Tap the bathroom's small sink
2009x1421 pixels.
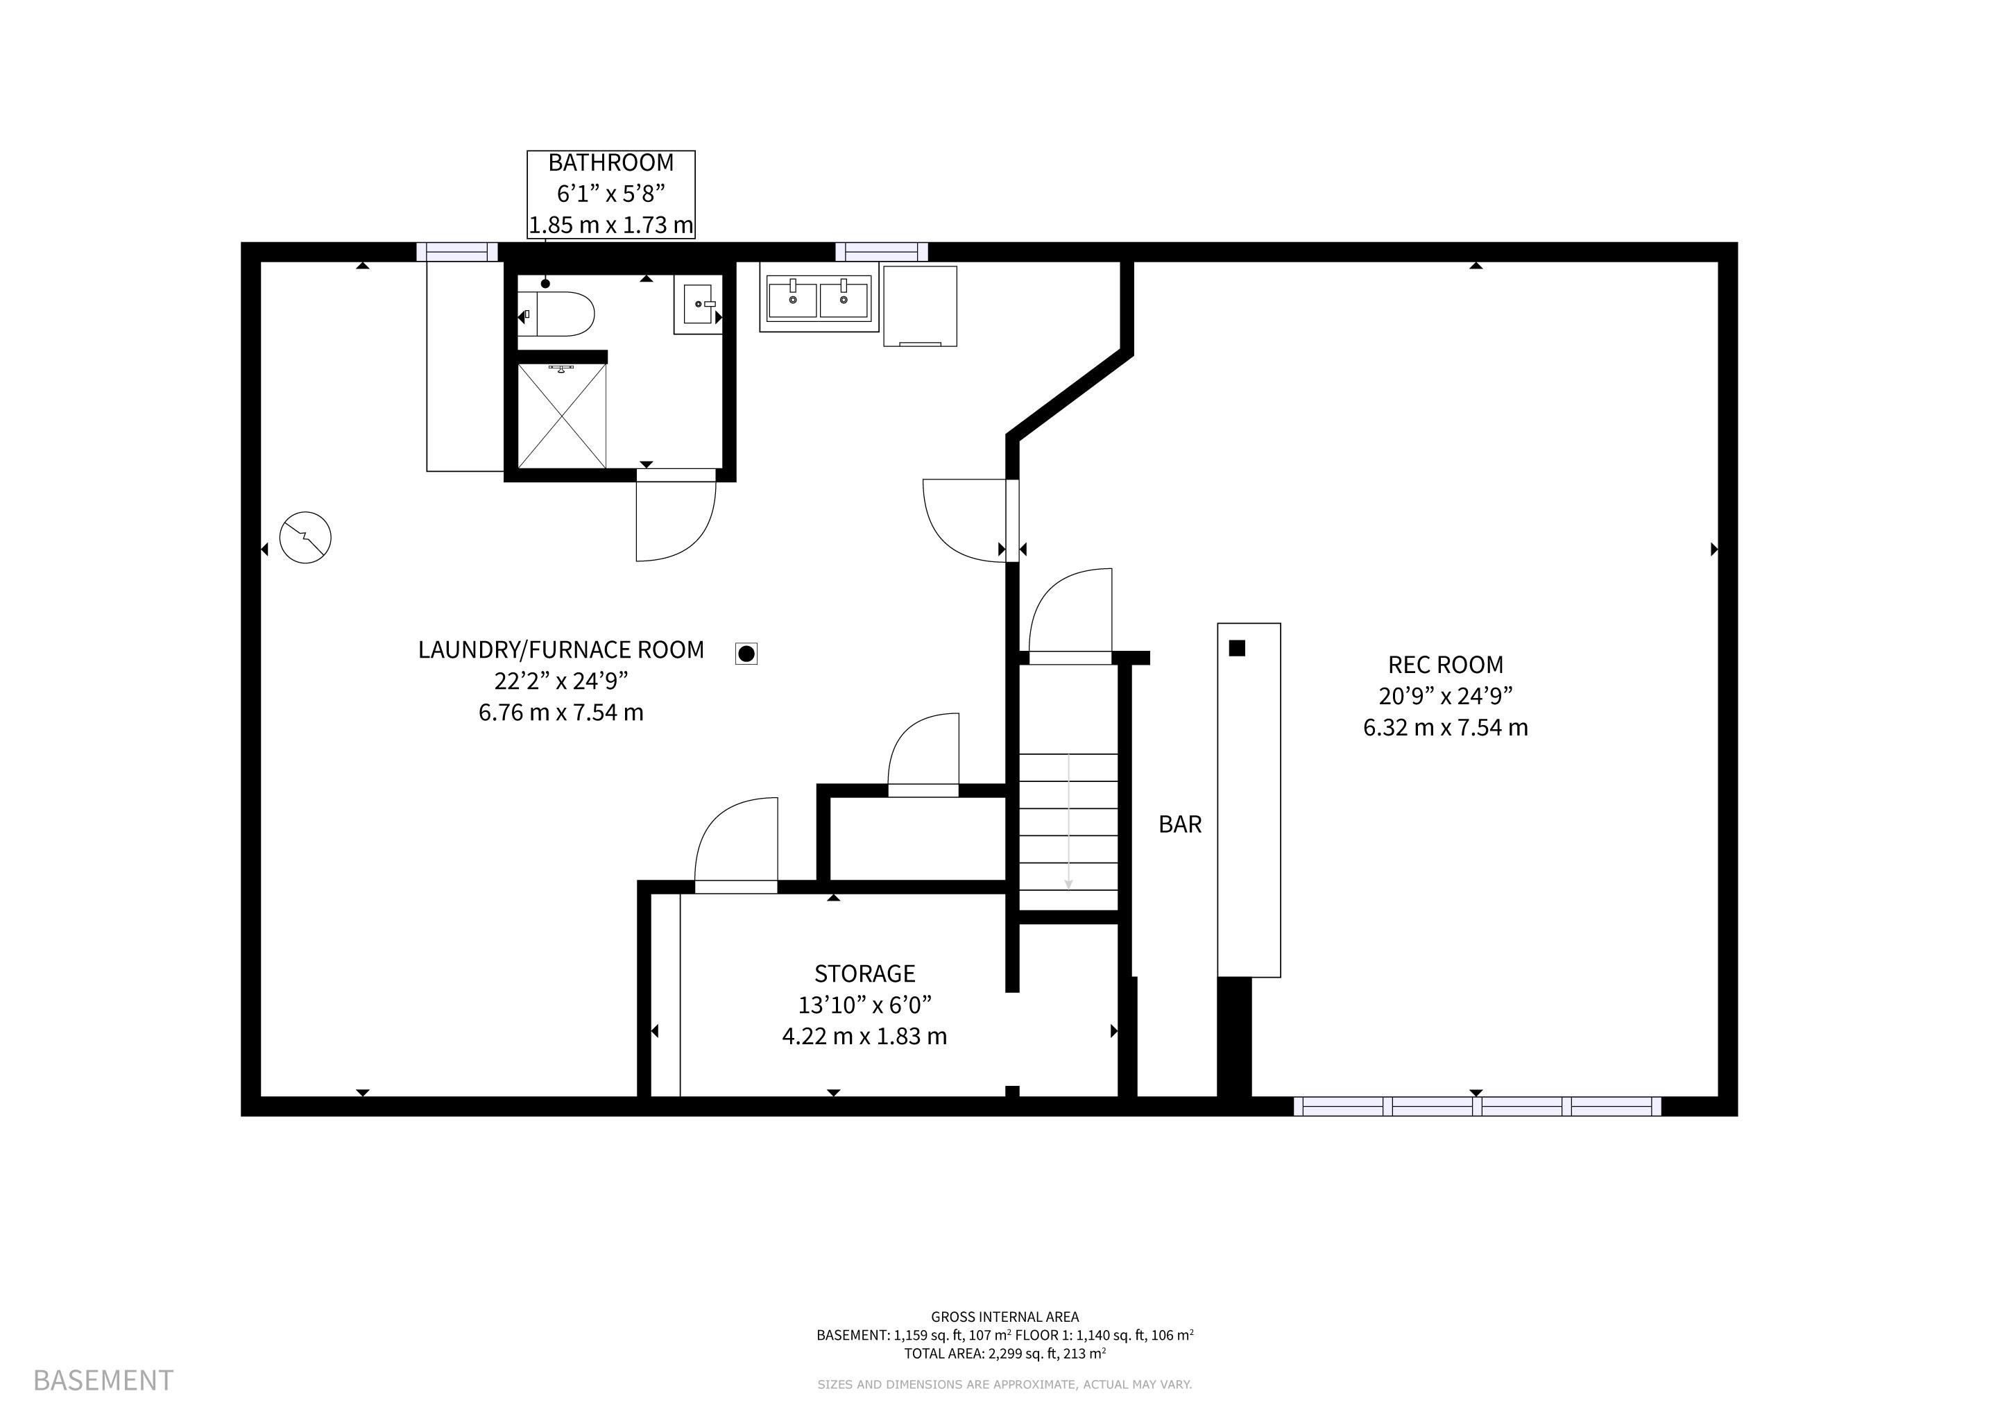click(699, 305)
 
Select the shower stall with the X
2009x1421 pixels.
click(562, 416)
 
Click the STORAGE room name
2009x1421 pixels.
click(864, 974)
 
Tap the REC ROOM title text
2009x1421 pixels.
click(1446, 665)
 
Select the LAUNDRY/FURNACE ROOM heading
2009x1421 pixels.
click(561, 650)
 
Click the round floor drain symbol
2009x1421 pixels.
click(746, 653)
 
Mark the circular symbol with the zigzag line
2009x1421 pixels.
click(305, 537)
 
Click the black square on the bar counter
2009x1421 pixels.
click(1236, 648)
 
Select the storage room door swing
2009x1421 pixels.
click(736, 844)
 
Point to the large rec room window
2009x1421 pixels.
click(1477, 1106)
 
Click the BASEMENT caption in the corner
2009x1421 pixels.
click(103, 1381)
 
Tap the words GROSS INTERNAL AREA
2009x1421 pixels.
click(1004, 1317)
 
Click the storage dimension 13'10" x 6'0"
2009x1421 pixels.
click(864, 1005)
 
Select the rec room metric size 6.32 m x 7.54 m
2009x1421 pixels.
click(1446, 728)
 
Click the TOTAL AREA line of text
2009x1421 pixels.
click(1004, 1354)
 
